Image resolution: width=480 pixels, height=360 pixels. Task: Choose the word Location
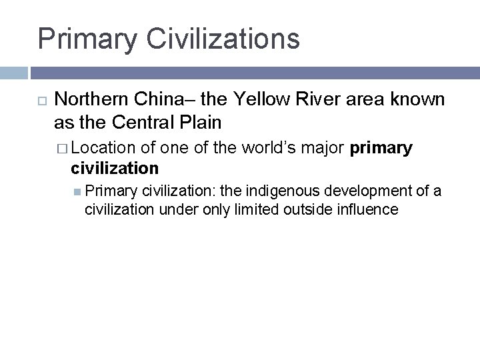pos(103,147)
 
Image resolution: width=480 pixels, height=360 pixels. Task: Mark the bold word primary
pos(380,148)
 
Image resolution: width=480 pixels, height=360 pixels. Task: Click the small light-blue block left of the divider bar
pos(13,73)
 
